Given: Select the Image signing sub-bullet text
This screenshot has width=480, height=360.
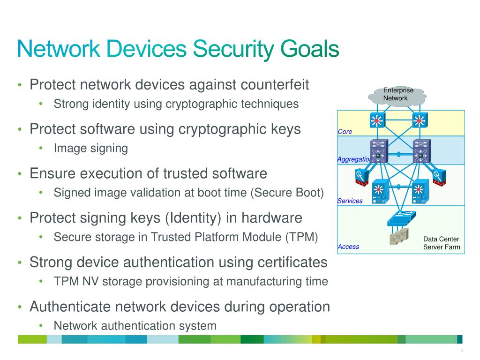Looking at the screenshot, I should click(x=91, y=149).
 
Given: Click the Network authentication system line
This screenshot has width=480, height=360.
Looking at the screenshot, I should click(x=135, y=325).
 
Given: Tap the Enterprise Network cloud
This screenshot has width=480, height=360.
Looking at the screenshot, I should click(x=397, y=95).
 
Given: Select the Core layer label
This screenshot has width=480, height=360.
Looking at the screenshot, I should click(x=345, y=132).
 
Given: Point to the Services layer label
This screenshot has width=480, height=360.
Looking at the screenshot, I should click(x=350, y=201).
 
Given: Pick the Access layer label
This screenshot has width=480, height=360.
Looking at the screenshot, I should click(x=348, y=247).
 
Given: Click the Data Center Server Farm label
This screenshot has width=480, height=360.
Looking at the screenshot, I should click(x=441, y=243).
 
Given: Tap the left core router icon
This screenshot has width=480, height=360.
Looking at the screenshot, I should click(x=376, y=121).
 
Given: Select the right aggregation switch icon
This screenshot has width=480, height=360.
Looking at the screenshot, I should click(x=420, y=151).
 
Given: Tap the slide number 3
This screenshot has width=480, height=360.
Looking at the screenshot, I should click(x=462, y=351).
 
